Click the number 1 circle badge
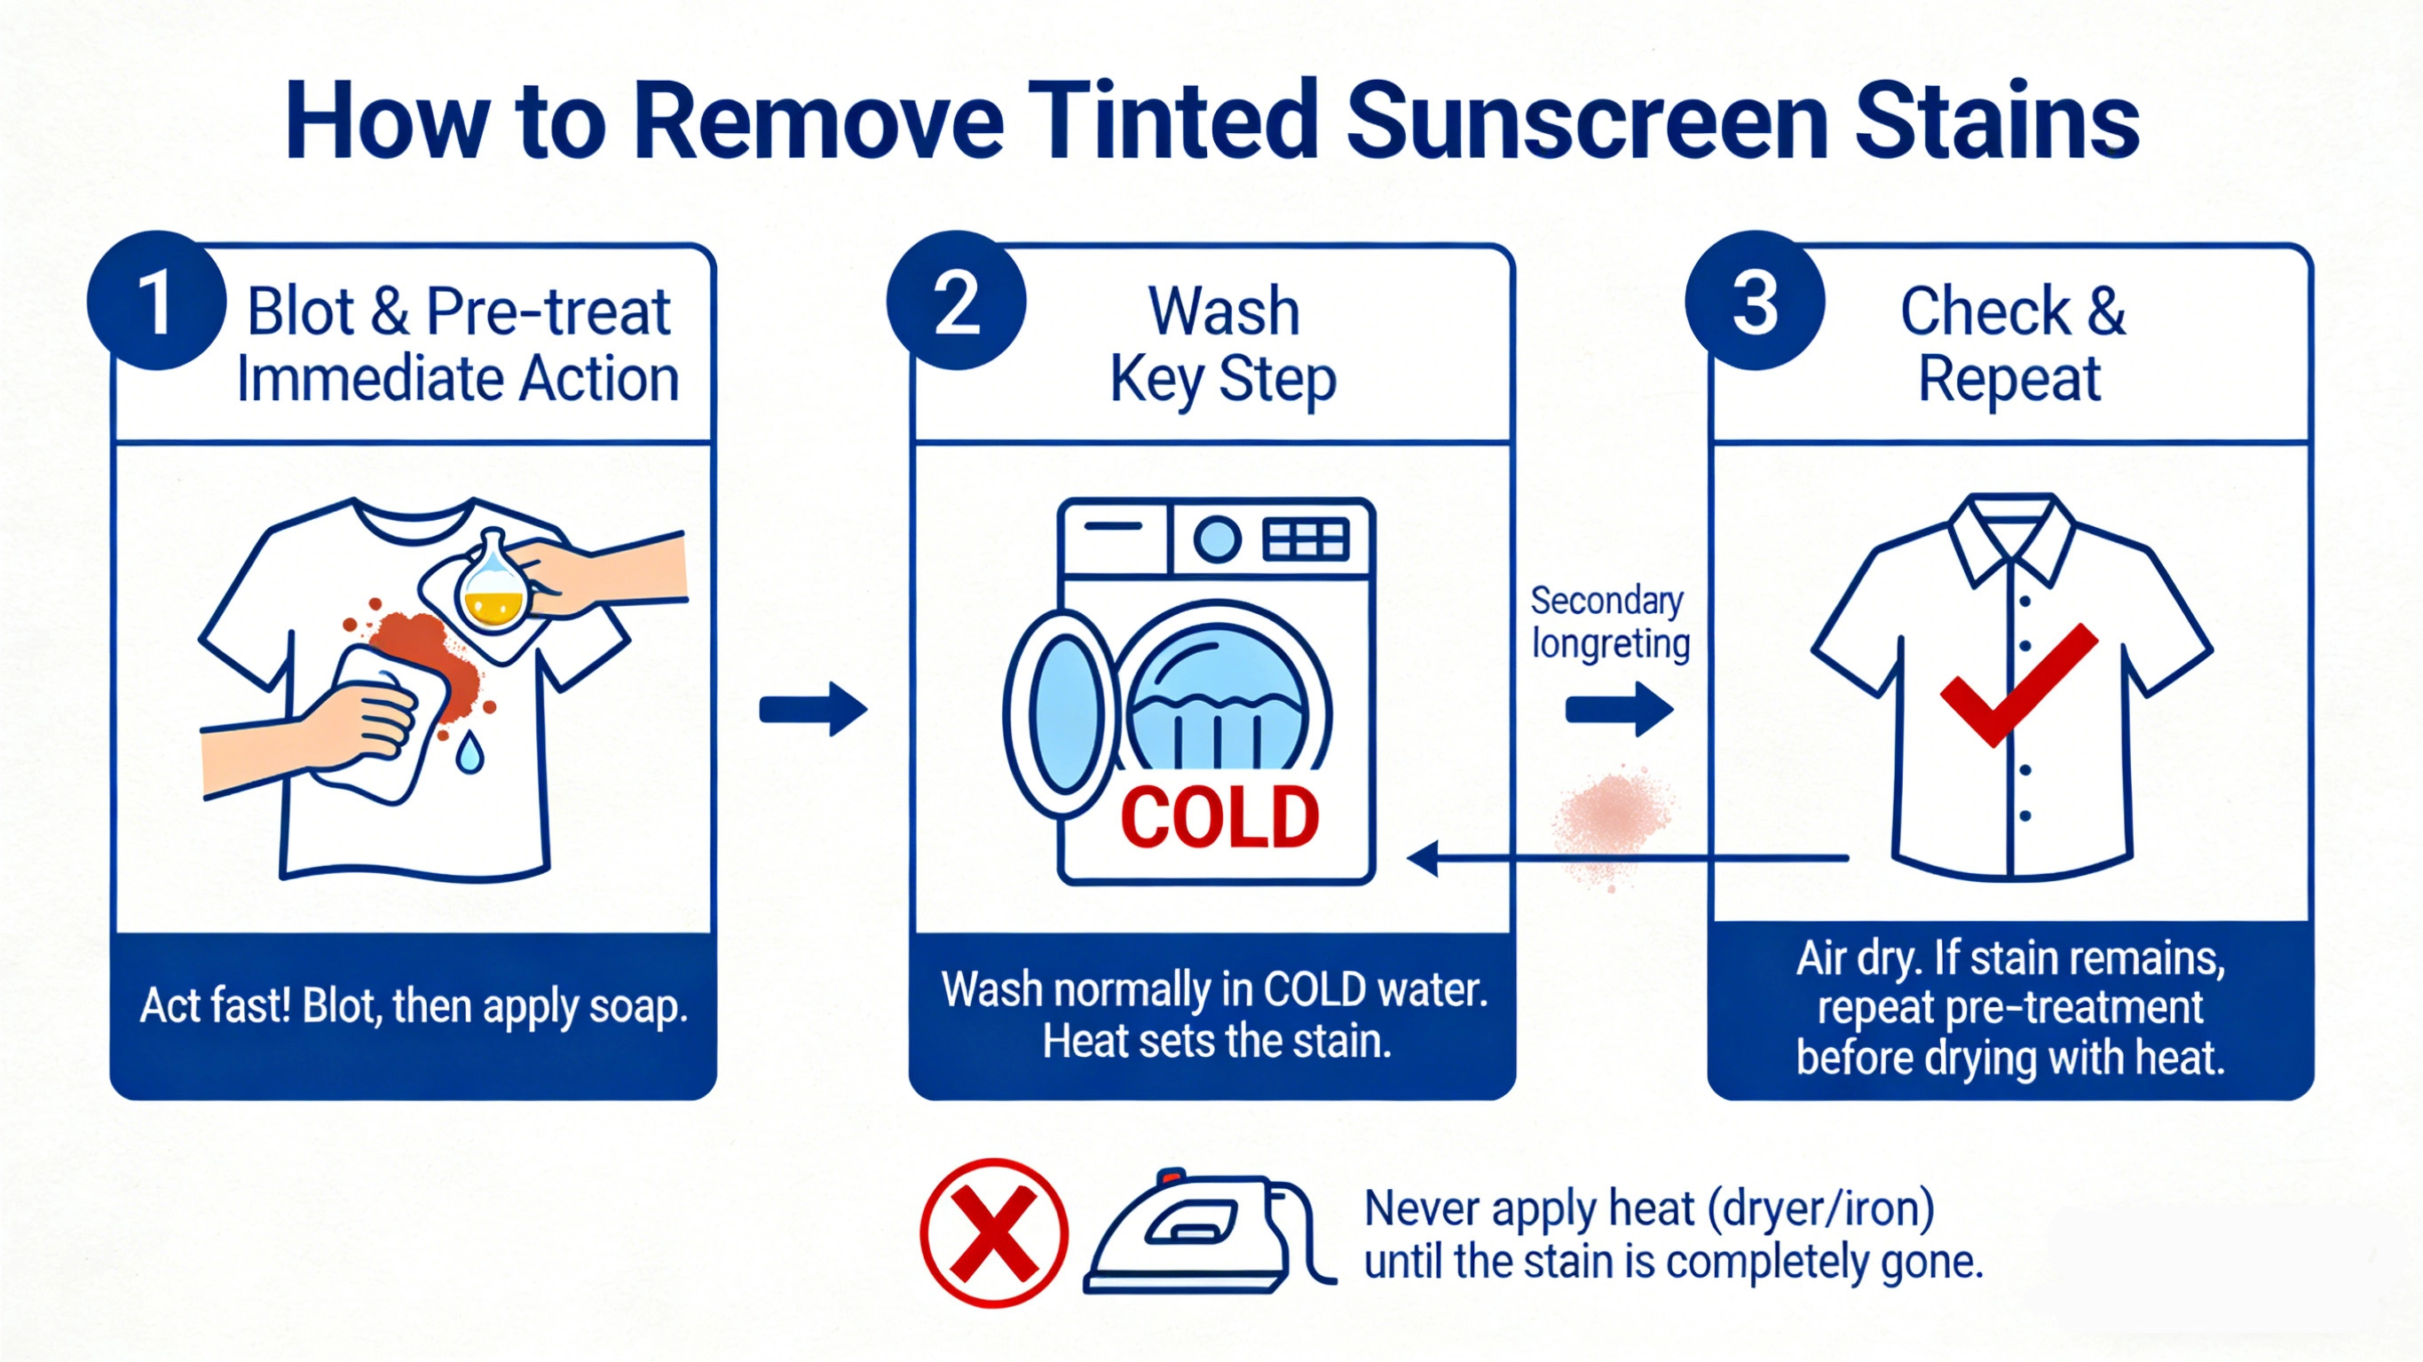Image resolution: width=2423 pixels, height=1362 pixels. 156,301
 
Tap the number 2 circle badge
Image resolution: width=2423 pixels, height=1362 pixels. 956,301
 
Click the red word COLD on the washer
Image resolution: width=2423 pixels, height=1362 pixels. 1220,818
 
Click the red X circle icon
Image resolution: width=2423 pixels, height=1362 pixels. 993,1233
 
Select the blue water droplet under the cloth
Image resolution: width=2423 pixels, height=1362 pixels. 470,752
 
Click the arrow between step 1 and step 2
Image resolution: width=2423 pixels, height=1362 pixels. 814,709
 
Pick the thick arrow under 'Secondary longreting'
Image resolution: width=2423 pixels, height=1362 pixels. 1619,709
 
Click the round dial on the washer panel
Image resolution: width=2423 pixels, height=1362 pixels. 1217,539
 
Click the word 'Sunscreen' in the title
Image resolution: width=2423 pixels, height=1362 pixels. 1587,122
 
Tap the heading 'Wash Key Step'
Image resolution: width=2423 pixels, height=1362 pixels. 1223,344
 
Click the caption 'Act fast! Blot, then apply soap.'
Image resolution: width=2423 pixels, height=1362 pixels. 414,1006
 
